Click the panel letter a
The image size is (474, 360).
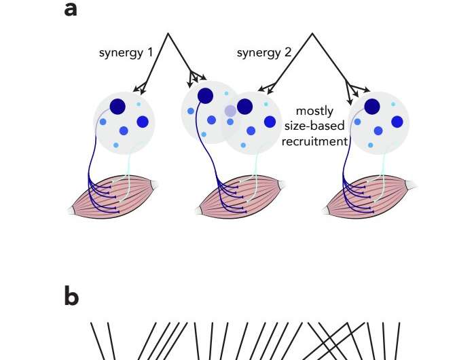(71, 11)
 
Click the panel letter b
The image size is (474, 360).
(71, 298)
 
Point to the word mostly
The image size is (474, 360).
(314, 111)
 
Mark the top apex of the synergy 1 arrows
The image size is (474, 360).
(167, 34)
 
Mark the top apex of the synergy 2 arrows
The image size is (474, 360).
(312, 34)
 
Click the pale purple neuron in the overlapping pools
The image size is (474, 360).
(230, 110)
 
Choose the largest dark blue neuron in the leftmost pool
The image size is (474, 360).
(117, 106)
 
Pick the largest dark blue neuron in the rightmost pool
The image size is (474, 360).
(372, 107)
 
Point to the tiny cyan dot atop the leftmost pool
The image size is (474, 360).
(139, 104)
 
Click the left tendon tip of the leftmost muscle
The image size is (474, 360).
(72, 211)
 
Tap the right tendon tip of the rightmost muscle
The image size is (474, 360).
(412, 184)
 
